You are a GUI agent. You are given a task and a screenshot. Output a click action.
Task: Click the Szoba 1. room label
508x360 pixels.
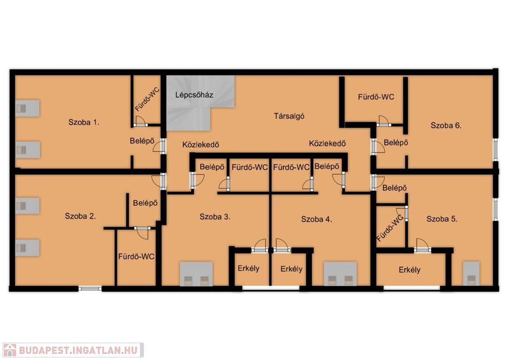point(83,122)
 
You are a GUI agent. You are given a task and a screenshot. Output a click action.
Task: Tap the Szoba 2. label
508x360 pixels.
point(80,216)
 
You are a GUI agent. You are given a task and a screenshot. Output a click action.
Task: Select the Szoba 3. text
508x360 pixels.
point(215,216)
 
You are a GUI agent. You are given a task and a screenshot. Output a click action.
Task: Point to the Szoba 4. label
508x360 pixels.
point(317,219)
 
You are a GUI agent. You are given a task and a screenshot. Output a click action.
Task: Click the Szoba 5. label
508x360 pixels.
point(442,219)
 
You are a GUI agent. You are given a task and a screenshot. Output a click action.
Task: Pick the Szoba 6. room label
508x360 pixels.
point(446,126)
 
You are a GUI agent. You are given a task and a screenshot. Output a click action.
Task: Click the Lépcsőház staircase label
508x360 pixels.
point(194,95)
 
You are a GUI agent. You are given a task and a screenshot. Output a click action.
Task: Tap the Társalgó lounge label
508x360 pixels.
point(289,116)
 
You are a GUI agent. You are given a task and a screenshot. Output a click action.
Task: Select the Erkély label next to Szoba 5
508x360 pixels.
point(409,270)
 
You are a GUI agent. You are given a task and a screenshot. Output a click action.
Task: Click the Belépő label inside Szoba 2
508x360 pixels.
point(145,203)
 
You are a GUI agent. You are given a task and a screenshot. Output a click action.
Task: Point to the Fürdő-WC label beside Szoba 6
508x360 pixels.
point(376,97)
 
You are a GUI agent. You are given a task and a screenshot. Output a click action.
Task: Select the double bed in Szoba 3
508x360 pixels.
point(196,274)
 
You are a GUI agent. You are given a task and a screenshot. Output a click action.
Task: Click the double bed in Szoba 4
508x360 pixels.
point(340,274)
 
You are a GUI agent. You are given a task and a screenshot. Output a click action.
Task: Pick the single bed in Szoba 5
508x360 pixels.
point(471,274)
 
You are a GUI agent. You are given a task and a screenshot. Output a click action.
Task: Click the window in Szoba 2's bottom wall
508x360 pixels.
point(90,288)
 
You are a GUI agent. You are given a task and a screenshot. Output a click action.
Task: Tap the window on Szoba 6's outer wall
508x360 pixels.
point(496,149)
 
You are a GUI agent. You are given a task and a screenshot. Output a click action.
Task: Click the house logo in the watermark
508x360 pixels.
point(10,350)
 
